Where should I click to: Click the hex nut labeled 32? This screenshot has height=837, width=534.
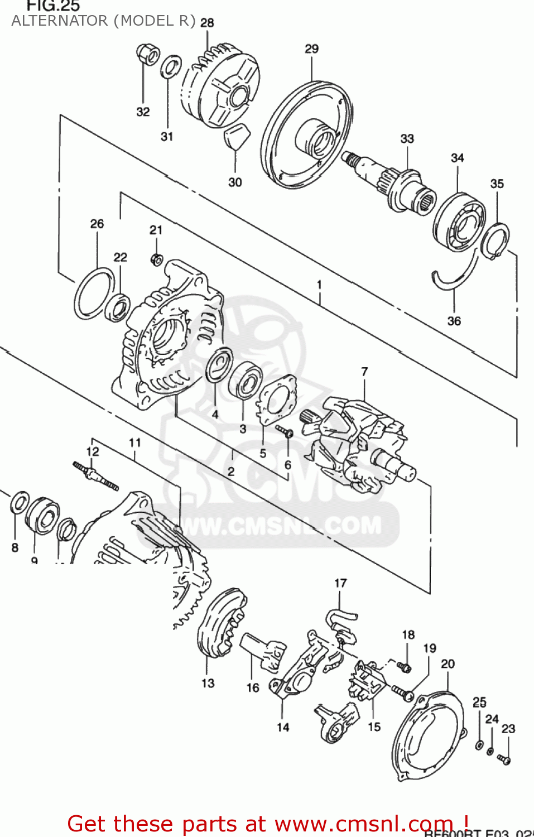[147, 55]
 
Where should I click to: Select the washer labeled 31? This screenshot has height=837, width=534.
[171, 67]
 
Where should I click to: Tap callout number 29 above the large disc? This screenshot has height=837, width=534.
[311, 49]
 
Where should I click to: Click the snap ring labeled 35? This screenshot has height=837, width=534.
[496, 240]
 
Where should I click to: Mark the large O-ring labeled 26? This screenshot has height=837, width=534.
[94, 294]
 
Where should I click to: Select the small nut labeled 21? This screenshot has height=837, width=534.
[157, 259]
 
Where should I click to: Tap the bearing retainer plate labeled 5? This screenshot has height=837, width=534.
[276, 398]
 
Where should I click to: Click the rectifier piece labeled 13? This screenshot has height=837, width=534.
[222, 622]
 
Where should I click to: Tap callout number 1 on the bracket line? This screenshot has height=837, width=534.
[319, 285]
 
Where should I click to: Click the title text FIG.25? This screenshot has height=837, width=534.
[54, 6]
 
